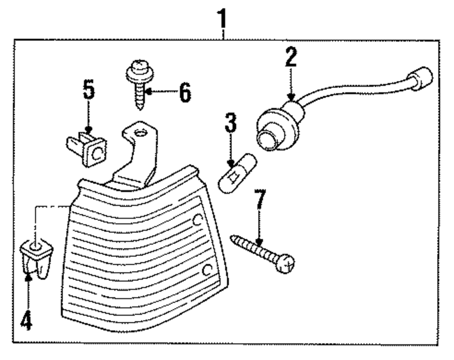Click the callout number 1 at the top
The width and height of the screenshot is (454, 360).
[222, 20]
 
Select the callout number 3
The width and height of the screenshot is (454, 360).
[230, 123]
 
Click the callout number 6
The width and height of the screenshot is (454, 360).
[184, 93]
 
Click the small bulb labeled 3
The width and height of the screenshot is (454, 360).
[237, 175]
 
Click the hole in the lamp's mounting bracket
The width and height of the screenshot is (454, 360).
[141, 133]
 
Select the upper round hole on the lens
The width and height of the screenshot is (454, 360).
[197, 220]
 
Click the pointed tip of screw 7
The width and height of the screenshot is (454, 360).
[233, 237]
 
